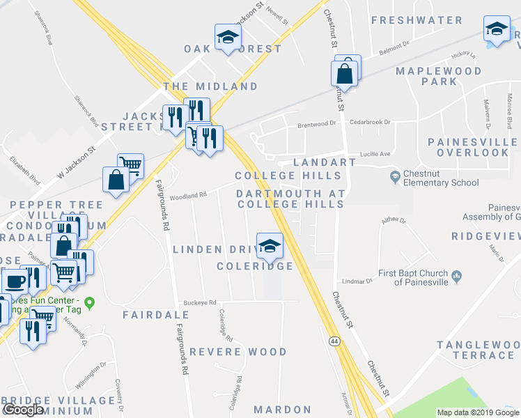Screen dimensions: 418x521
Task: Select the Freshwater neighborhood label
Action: (x=417, y=20)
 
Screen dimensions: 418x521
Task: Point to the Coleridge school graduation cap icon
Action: (x=270, y=245)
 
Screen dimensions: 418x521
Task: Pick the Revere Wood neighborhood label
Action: (x=238, y=352)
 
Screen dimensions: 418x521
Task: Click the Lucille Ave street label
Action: (x=374, y=153)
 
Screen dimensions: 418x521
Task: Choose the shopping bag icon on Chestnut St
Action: (x=345, y=72)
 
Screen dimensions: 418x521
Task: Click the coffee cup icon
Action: (x=14, y=281)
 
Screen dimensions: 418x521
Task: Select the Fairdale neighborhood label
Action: (x=146, y=315)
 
